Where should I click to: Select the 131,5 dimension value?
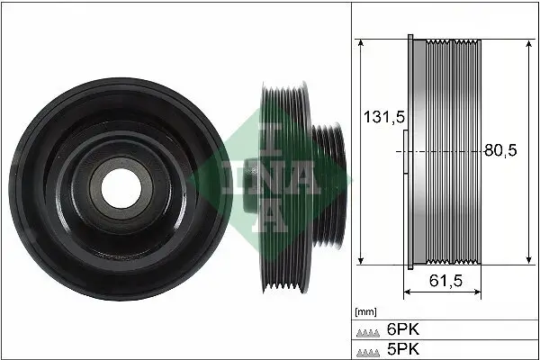coord(379,117)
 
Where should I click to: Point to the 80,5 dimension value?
coord(500,151)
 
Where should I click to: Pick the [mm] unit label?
coord(365,311)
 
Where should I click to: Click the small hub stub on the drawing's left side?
coord(403,152)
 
